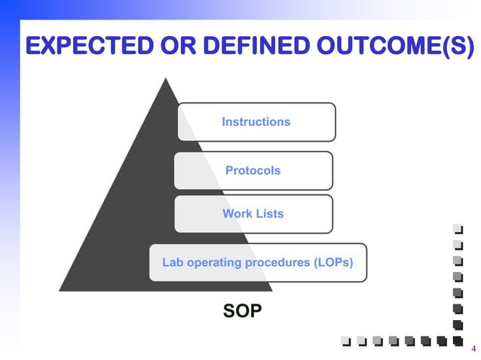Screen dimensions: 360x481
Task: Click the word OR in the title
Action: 161,47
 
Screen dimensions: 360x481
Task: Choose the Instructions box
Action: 256,122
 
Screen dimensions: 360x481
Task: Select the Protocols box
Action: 253,170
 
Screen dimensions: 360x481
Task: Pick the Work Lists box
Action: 253,214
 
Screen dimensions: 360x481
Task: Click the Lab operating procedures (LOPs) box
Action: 258,263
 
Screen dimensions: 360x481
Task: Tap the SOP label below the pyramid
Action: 243,311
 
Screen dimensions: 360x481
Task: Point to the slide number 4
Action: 473,348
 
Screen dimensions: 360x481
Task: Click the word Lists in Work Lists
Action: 269,214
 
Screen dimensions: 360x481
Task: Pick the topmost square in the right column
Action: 456,229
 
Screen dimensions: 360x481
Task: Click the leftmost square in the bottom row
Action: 346,341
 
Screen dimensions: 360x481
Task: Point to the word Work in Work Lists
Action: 237,214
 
